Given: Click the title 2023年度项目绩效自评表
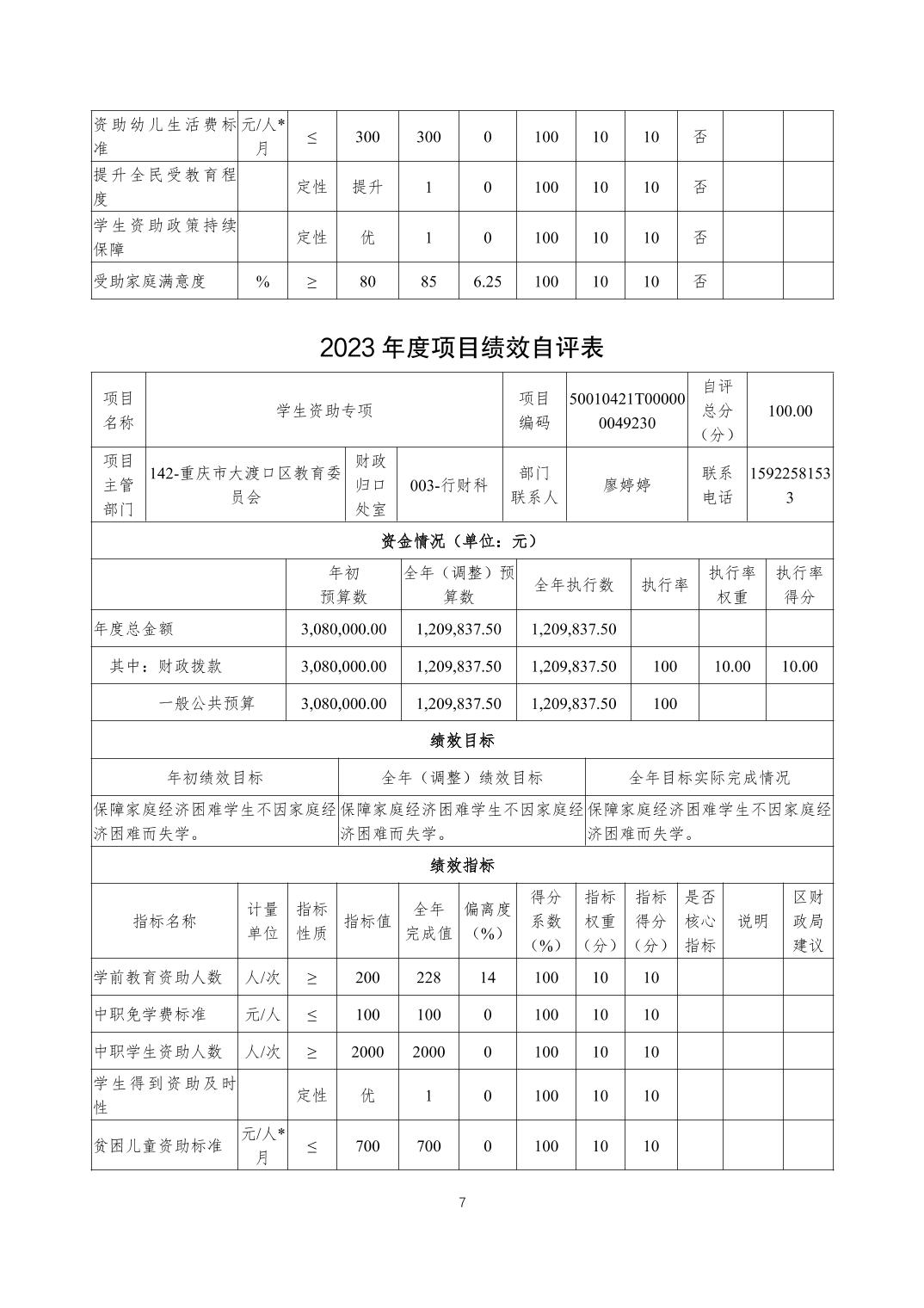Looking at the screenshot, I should click(x=461, y=347).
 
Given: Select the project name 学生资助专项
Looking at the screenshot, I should click(x=324, y=410).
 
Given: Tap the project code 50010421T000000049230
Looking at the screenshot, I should click(x=627, y=410).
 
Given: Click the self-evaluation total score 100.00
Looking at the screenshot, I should click(x=790, y=410).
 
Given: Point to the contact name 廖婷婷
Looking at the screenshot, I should click(x=627, y=485).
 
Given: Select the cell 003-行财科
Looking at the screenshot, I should click(x=449, y=485).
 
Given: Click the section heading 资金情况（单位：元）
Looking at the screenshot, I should click(x=461, y=541).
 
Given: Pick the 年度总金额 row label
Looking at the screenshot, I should click(x=133, y=629).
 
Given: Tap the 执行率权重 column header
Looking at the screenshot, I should click(x=731, y=585).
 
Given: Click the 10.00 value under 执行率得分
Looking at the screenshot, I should click(x=799, y=666).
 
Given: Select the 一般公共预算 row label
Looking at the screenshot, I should click(x=206, y=703).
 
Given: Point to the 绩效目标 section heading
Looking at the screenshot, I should click(x=461, y=740).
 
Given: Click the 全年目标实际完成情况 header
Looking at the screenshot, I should click(x=709, y=778).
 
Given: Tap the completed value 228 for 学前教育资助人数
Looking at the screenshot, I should click(x=428, y=978).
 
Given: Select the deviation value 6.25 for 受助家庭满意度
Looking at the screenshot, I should click(x=487, y=281).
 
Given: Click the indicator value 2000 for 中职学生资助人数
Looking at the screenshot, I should click(x=367, y=1052).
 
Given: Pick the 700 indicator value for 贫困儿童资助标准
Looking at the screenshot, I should click(x=367, y=1146).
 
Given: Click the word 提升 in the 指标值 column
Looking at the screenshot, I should click(x=367, y=187).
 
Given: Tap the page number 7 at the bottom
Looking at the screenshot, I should click(x=462, y=1203).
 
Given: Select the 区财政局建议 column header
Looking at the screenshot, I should click(x=808, y=921).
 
